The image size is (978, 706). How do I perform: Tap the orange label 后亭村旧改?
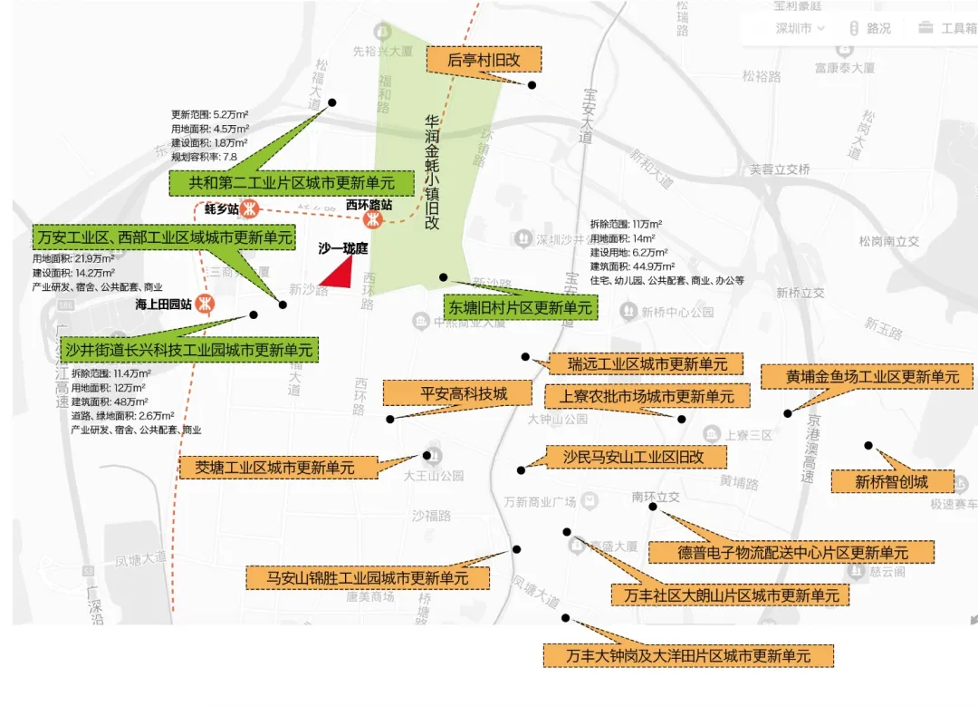pos(484,60)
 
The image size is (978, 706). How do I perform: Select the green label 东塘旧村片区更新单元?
pos(519,307)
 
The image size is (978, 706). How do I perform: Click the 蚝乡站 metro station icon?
pos(250,209)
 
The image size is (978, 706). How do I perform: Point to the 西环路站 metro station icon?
pos(371,219)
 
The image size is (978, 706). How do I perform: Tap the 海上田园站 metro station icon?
pos(207,304)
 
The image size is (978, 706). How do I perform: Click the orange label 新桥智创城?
pos(892,482)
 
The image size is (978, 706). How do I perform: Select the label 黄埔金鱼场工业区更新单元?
pos(867,376)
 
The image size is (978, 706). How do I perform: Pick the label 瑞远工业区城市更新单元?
pos(647,364)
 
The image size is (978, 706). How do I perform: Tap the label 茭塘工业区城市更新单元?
pos(281,468)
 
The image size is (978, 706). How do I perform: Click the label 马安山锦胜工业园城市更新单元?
pos(368,577)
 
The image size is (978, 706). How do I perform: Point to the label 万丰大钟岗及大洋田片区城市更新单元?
pos(688,655)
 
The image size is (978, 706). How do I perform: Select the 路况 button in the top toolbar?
pos(870,28)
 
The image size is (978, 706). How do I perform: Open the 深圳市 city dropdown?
pos(801,28)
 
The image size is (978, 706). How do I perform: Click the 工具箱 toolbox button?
pos(947,28)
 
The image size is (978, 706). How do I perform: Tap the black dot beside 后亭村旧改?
pos(532,85)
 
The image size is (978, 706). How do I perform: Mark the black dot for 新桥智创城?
pos(868,445)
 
